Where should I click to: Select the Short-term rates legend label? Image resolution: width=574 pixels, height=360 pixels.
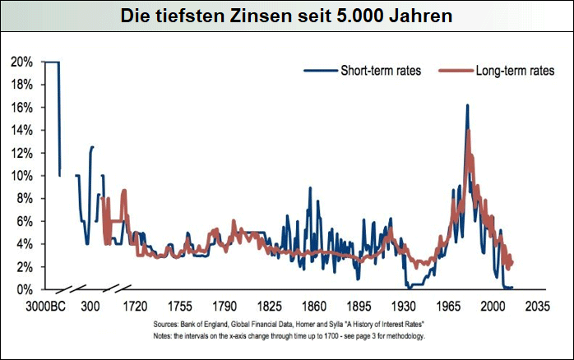[x=381, y=70]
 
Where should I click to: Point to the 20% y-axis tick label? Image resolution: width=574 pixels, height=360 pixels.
[x=22, y=62]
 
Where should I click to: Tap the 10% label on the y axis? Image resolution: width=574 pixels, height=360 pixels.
[x=22, y=176]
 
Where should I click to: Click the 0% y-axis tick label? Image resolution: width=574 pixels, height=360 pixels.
[x=25, y=290]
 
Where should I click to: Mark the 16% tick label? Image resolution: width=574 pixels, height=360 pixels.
[x=22, y=108]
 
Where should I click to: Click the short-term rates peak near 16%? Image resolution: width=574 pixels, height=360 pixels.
[x=467, y=106]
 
